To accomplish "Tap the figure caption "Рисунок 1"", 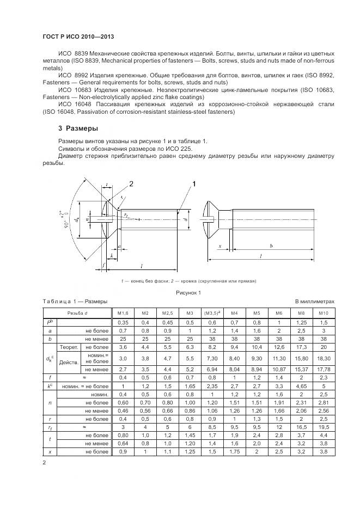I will (x=188, y=293).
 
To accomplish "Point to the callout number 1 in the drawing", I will (x=193, y=185).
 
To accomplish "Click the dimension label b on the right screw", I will (x=271, y=246).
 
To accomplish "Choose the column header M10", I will (x=324, y=313).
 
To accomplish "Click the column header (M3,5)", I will (x=212, y=313).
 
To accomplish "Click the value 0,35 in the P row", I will (x=123, y=322).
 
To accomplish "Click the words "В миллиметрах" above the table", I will (x=314, y=301).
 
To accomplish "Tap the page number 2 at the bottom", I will (x=44, y=463).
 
